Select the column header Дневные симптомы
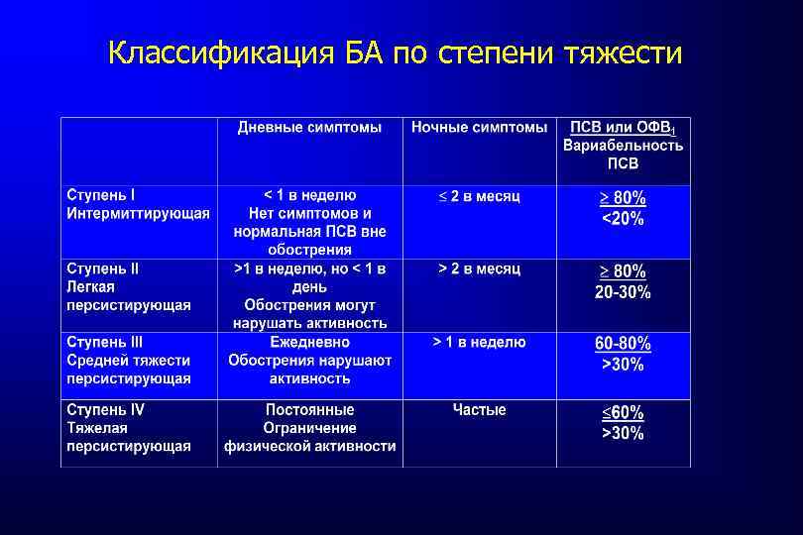309,128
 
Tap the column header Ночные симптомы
480,128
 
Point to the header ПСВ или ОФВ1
623,128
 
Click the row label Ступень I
101,195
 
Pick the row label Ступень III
105,342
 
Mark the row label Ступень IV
105,409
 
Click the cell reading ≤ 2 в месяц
480,196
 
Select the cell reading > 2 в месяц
480,268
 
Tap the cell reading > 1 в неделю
480,342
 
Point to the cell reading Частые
480,409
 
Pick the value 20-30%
623,292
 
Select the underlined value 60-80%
623,344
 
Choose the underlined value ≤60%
623,412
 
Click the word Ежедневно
309,342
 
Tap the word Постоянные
309,409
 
